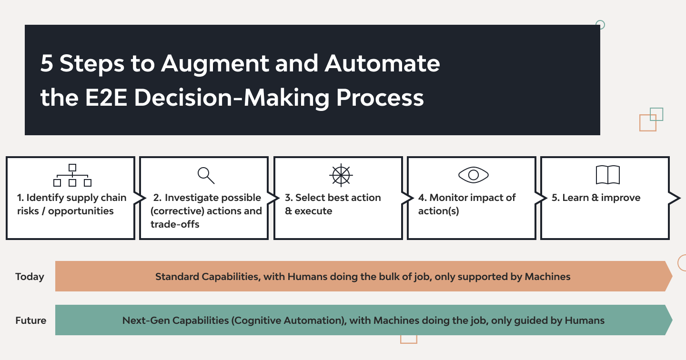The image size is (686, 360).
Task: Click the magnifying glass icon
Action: [x=206, y=175]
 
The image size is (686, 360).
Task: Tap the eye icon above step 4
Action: [x=474, y=175]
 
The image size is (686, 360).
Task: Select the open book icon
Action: [x=607, y=175]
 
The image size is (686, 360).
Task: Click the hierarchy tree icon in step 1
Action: [x=72, y=175]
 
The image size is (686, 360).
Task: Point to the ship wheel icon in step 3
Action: [x=340, y=175]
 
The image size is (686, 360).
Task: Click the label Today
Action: [x=30, y=277]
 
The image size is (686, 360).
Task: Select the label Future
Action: [x=30, y=320]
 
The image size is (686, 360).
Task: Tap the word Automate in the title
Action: [x=383, y=64]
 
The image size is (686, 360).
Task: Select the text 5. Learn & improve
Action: [x=596, y=198]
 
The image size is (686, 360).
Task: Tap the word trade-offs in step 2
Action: [x=175, y=224]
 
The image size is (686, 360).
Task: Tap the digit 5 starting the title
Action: [x=46, y=64]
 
